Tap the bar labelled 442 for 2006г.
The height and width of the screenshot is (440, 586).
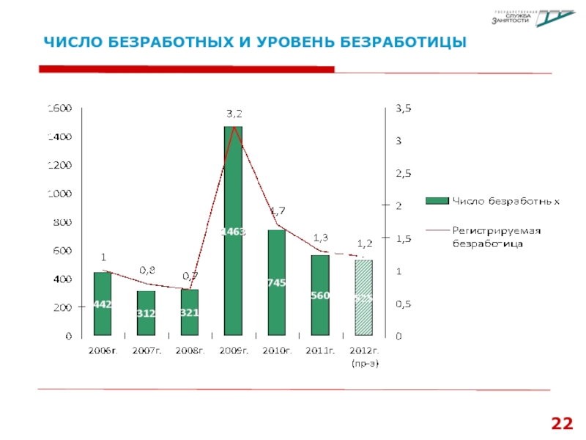click(103, 304)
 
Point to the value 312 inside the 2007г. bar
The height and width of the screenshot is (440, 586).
click(146, 313)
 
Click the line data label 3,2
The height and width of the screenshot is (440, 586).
click(234, 114)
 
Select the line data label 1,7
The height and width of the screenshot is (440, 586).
click(278, 211)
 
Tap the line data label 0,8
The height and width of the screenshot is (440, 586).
click(147, 271)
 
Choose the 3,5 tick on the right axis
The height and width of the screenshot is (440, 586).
click(404, 109)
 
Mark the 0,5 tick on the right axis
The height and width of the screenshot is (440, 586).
click(404, 304)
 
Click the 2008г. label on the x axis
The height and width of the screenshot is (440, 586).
click(190, 351)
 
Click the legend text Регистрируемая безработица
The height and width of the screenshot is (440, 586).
click(495, 236)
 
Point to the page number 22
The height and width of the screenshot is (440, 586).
click(562, 424)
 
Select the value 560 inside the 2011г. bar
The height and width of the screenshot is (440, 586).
click(320, 296)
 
